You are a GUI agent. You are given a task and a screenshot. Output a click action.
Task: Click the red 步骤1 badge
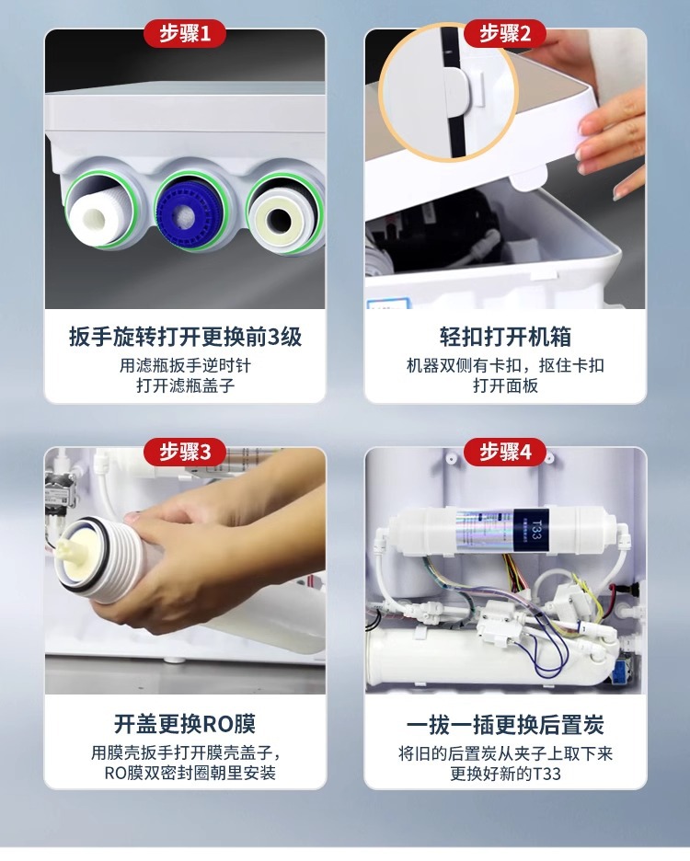185,33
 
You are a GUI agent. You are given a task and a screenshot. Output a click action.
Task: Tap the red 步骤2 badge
505,33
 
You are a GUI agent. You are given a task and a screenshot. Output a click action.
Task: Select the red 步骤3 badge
185,452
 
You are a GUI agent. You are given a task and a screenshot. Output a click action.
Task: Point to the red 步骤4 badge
505,452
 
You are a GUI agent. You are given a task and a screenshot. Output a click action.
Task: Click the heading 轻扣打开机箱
505,337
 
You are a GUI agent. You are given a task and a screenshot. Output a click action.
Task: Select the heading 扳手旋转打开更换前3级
185,337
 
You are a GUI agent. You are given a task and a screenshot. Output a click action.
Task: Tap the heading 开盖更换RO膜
185,724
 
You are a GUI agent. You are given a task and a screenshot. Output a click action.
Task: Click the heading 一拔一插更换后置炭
505,725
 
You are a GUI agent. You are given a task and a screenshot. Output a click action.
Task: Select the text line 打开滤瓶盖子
185,385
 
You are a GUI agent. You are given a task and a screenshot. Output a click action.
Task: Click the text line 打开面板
505,385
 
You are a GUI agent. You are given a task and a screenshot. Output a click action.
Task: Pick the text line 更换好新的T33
505,773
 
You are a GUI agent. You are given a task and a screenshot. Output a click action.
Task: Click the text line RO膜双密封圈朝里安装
190,773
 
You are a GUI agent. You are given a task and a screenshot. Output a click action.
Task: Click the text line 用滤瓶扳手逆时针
185,365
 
